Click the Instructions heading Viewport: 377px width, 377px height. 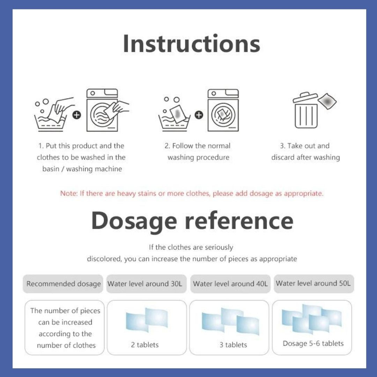tap(191, 44)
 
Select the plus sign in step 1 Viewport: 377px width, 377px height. tap(77, 115)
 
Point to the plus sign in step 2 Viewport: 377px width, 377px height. tap(199, 115)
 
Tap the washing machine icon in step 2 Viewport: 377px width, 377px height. tap(223, 110)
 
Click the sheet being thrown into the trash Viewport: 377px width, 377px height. tap(327, 101)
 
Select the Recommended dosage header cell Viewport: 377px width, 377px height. tap(63, 284)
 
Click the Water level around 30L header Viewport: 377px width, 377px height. tap(146, 284)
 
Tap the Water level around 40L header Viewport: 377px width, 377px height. tap(230, 284)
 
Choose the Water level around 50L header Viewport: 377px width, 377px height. tap(314, 283)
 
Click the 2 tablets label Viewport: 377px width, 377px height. tap(145, 345)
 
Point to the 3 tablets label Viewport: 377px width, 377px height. tap(233, 345)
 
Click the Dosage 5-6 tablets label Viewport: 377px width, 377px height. tap(313, 343)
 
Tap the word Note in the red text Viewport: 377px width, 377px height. tap(68, 193)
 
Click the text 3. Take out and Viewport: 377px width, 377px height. tap(305, 146)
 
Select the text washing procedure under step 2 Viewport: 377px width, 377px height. tap(198, 157)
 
